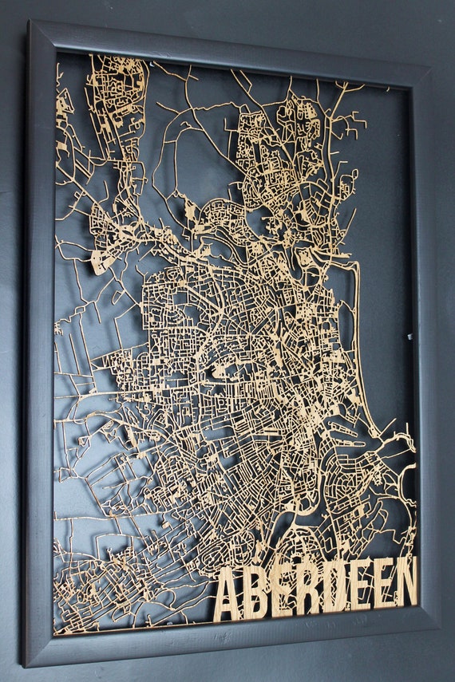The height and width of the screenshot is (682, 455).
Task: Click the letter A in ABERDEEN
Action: click(x=228, y=594)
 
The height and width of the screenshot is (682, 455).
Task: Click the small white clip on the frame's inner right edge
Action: click(x=409, y=337)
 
